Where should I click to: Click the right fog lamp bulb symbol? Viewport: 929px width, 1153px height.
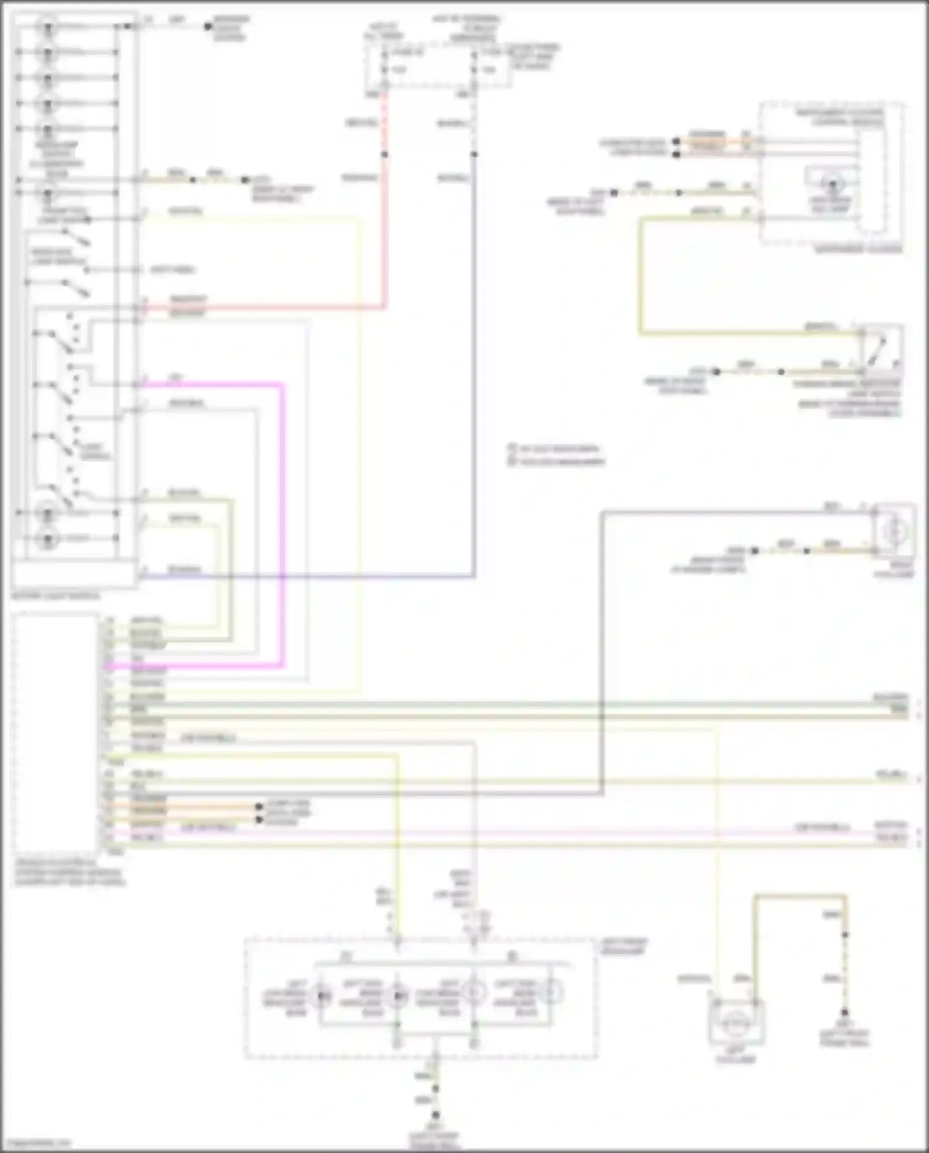(x=894, y=532)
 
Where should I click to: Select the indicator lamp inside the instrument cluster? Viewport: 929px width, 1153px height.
(x=833, y=183)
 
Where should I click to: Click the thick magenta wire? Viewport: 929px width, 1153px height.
(x=283, y=527)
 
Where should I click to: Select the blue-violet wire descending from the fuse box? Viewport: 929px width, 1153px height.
(x=474, y=372)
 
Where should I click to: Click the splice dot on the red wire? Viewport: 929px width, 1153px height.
(x=384, y=154)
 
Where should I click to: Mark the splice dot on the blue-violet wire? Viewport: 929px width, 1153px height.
(x=474, y=154)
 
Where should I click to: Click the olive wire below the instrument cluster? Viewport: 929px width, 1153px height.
(x=641, y=279)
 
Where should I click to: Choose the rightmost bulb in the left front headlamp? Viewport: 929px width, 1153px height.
(x=549, y=993)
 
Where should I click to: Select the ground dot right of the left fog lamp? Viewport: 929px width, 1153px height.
(x=845, y=1012)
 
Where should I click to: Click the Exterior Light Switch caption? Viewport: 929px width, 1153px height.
(x=56, y=596)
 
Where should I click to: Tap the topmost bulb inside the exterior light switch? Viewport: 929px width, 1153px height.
(x=47, y=27)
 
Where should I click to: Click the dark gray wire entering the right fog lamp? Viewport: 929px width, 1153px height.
(x=743, y=512)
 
